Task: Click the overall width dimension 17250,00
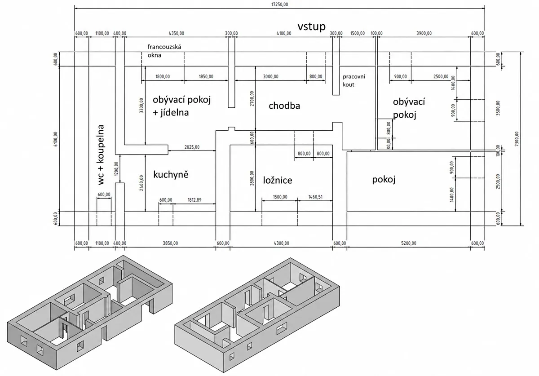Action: click(279, 4)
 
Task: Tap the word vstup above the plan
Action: click(311, 27)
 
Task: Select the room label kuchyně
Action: click(171, 175)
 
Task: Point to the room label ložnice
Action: click(278, 180)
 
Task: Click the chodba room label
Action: click(284, 106)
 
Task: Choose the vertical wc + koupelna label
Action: click(101, 155)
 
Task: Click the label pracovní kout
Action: click(354, 80)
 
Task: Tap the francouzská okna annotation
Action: click(164, 51)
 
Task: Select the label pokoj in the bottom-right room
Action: click(384, 179)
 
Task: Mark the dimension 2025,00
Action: click(192, 147)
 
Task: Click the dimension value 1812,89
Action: click(194, 200)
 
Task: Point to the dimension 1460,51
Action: click(315, 197)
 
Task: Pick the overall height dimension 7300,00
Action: click(517, 139)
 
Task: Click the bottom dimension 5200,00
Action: click(409, 243)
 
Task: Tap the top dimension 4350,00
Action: click(177, 33)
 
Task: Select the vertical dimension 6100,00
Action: click(56, 139)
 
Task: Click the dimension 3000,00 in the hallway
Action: click(270, 76)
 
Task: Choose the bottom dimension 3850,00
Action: click(170, 243)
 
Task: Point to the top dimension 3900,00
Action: click(424, 33)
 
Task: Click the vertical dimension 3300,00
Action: click(141, 105)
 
